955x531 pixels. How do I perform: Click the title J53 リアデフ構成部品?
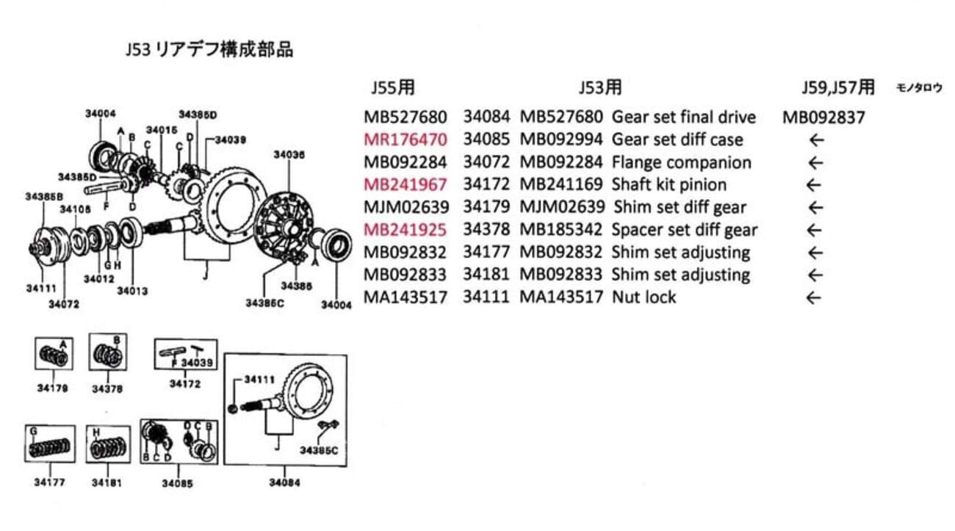click(x=209, y=50)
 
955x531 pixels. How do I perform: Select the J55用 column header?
click(x=393, y=88)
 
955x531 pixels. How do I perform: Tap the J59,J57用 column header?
click(x=837, y=88)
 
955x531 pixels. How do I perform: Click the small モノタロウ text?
click(x=918, y=87)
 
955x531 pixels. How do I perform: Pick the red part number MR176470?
click(x=405, y=140)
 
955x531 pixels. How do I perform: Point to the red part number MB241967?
click(x=405, y=184)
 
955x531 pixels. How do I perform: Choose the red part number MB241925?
click(x=405, y=230)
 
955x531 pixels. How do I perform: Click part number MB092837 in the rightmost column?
click(x=824, y=117)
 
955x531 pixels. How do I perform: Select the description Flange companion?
click(x=681, y=162)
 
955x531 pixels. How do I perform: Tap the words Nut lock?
click(x=644, y=297)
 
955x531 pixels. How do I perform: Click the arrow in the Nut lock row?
click(x=812, y=297)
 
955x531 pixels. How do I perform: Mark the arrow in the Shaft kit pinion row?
click(x=812, y=185)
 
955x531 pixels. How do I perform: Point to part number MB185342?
click(x=562, y=230)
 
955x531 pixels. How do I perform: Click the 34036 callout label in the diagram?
click(x=289, y=155)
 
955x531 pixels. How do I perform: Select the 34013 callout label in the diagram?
click(x=132, y=290)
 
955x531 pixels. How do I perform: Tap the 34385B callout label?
click(x=44, y=197)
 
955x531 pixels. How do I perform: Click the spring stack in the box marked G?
click(x=50, y=449)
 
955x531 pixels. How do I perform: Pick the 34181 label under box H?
click(x=107, y=483)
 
